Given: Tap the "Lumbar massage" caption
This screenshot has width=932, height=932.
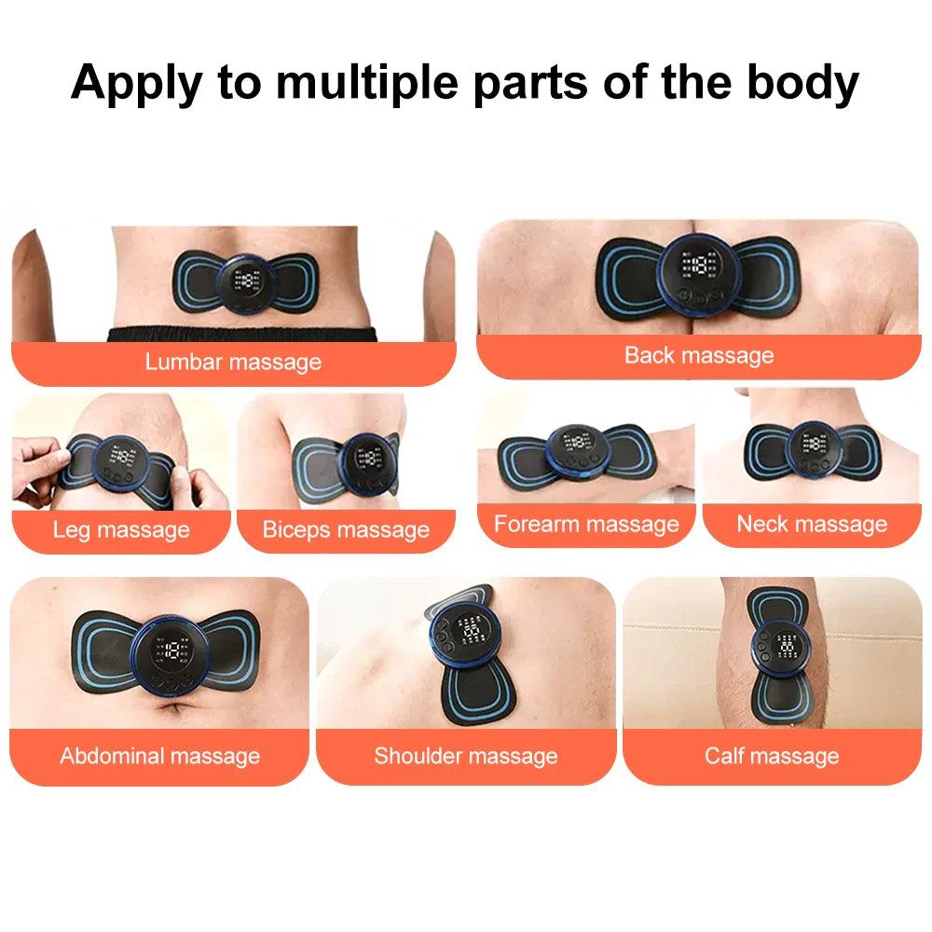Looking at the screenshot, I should click(233, 362).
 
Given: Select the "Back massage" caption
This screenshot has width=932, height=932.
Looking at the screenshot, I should click(699, 355).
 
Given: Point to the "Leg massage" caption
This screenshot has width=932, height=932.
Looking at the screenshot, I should click(121, 530).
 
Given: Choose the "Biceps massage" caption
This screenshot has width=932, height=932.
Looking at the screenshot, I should click(346, 530).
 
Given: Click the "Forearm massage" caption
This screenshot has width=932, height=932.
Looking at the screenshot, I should click(586, 524).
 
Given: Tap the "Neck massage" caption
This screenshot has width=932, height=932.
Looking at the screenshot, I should click(812, 524).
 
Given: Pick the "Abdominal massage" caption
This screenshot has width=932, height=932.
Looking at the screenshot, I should click(159, 755).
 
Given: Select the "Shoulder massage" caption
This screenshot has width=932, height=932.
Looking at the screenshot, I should click(466, 755).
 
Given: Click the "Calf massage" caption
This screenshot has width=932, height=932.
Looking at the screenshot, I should click(772, 755).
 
